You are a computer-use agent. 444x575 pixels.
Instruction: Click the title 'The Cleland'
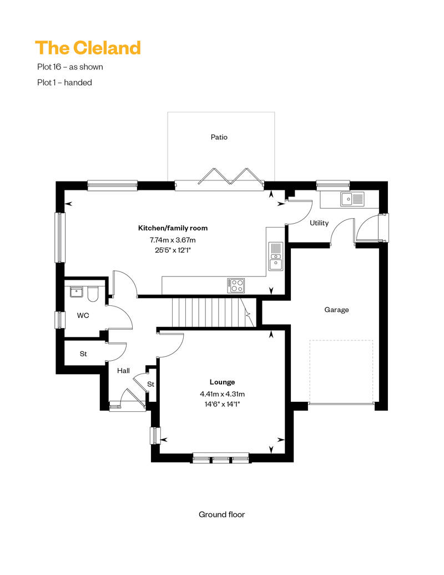88,48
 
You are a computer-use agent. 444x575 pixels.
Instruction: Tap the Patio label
219,137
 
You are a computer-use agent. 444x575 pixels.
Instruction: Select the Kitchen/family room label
173,228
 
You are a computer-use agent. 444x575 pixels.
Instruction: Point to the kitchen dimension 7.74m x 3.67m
172,240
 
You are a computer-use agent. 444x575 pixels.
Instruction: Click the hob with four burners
236,285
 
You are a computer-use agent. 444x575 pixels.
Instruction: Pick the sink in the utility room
352,199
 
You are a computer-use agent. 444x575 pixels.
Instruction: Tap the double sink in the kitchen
276,256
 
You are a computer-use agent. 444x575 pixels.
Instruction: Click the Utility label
319,223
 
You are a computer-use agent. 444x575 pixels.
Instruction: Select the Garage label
336,310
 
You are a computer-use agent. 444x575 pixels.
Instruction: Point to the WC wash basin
76,292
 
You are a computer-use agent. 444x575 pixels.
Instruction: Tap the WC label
83,315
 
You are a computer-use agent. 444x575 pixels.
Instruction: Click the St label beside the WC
83,354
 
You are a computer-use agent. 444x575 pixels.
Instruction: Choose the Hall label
123,371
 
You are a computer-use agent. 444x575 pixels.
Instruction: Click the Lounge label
222,382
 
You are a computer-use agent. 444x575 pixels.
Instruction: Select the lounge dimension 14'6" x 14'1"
222,405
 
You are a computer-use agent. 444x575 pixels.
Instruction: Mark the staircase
214,312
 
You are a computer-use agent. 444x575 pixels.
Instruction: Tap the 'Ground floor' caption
221,515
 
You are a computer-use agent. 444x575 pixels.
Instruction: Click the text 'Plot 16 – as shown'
70,67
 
